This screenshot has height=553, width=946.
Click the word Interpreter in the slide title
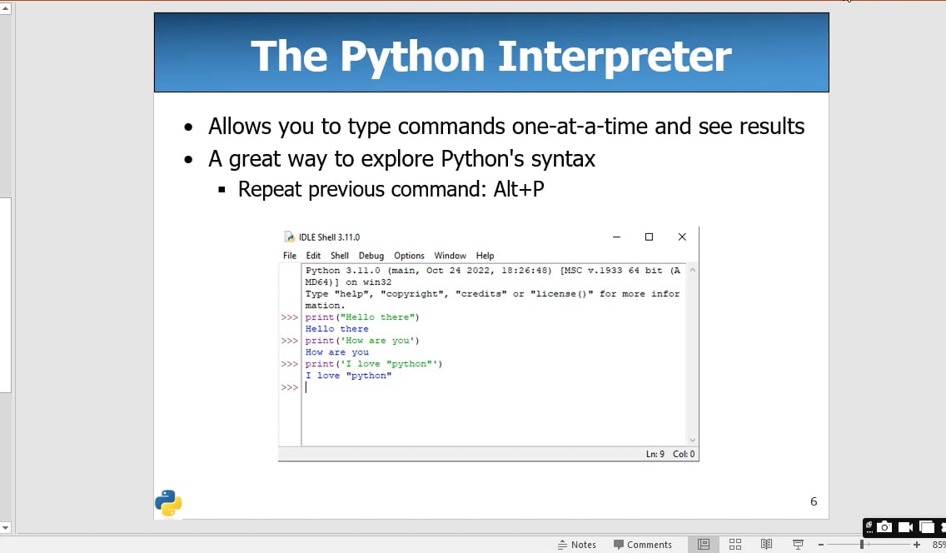pos(614,57)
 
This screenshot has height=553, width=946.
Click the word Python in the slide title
pos(411,57)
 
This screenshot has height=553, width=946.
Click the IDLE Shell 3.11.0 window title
pos(329,237)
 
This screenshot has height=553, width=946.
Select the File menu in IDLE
pos(290,256)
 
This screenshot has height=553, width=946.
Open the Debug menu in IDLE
pos(371,256)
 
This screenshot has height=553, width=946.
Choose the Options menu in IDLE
pos(409,256)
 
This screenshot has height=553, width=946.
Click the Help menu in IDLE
pos(485,256)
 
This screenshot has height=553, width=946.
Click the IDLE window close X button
pos(682,237)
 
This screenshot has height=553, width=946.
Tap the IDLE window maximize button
pos(649,237)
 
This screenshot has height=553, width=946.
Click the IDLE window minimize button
pos(616,237)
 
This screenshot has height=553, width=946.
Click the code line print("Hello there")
pos(362,317)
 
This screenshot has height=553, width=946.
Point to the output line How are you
pos(336,352)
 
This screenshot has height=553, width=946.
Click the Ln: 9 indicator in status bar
pos(655,454)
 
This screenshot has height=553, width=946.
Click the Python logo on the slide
pos(168,502)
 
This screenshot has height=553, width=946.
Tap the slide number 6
pos(814,501)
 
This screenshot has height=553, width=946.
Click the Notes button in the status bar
pos(577,545)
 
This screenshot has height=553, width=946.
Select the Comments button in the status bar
pos(643,545)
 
